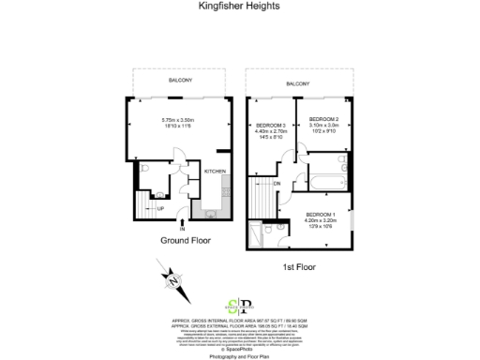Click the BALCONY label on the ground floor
point(181,81)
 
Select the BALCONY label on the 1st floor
point(299,84)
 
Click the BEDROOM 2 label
point(322,119)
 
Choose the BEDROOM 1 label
point(319,215)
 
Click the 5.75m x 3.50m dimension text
point(176,120)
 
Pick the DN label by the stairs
point(277,184)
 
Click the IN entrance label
point(183,228)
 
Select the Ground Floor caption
point(181,240)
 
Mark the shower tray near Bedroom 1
point(255,235)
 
